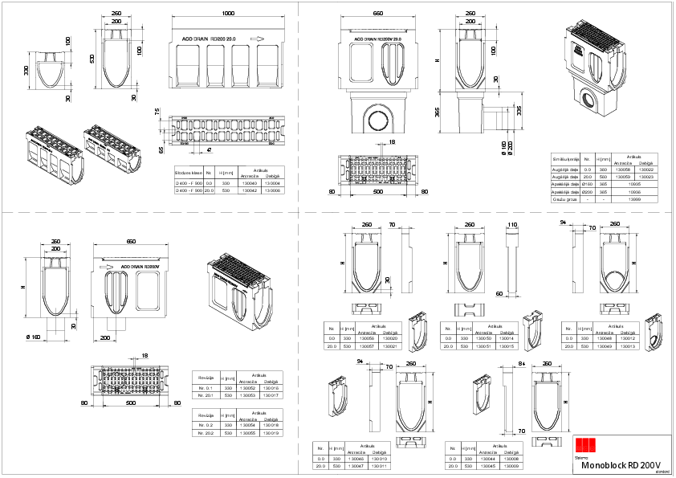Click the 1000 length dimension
pos(229,14)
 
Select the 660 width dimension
pos(377,14)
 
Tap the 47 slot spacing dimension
pos(210,150)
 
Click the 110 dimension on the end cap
pos(511,226)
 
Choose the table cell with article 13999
pos(635,199)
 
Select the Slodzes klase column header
pos(189,173)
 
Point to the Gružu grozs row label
pos(565,199)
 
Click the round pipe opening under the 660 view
pos(377,117)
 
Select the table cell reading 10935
pos(635,184)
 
